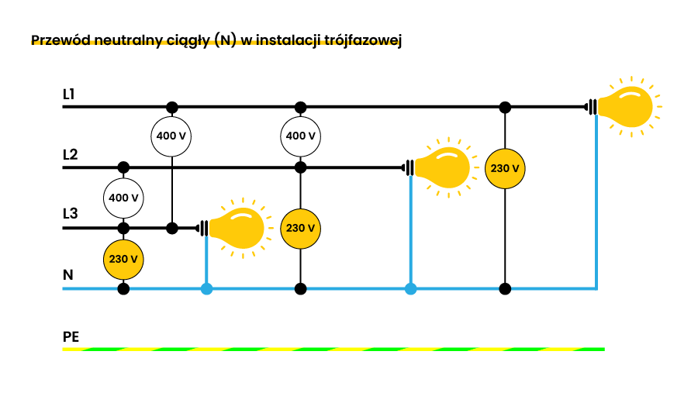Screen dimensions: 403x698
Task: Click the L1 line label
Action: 69,95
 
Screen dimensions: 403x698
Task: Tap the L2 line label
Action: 70,154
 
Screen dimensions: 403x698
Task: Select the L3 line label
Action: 70,214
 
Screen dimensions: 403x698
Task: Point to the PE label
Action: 71,337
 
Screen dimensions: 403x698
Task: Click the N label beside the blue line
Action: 68,275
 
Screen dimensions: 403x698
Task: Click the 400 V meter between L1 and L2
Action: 301,136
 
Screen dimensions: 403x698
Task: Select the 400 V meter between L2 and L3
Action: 123,198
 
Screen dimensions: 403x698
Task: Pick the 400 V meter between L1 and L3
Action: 171,136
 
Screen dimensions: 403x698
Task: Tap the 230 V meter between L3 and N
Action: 123,259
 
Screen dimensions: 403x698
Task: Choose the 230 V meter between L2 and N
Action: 301,228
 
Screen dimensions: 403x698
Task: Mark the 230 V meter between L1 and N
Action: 505,167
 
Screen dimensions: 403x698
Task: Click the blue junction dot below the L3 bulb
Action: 206,289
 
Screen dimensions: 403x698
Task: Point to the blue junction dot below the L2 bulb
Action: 410,289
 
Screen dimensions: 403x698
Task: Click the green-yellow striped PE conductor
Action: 333,349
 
